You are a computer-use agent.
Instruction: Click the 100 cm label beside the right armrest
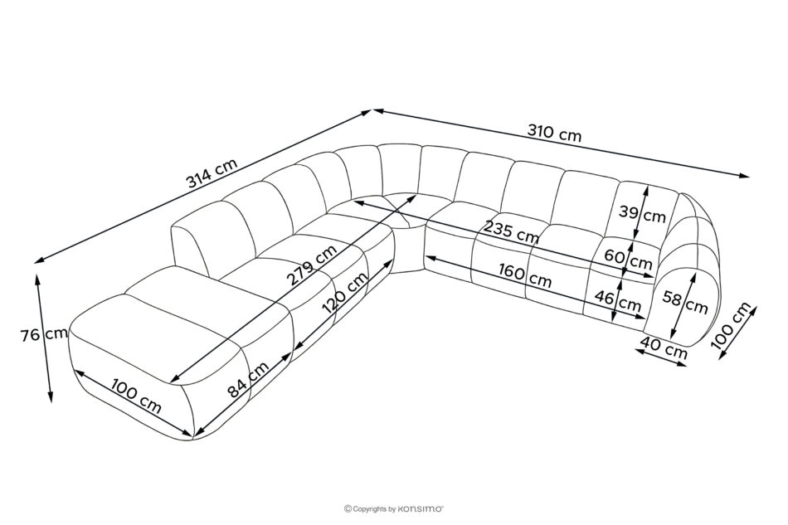(734, 325)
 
